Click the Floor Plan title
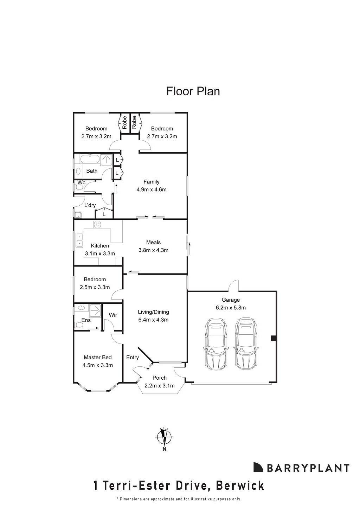tap(193, 91)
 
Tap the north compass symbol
tap(164, 438)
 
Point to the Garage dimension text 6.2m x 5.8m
tap(231, 308)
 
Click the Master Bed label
tap(98, 358)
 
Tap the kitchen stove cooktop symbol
tap(97, 224)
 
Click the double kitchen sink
tap(79, 240)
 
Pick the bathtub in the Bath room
tap(89, 159)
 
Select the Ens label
tap(86, 320)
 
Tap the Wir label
tap(113, 315)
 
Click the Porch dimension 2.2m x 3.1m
tap(160, 386)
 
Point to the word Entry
tap(133, 358)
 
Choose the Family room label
tap(152, 182)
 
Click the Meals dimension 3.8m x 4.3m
tap(153, 250)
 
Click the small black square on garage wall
tap(273, 338)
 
